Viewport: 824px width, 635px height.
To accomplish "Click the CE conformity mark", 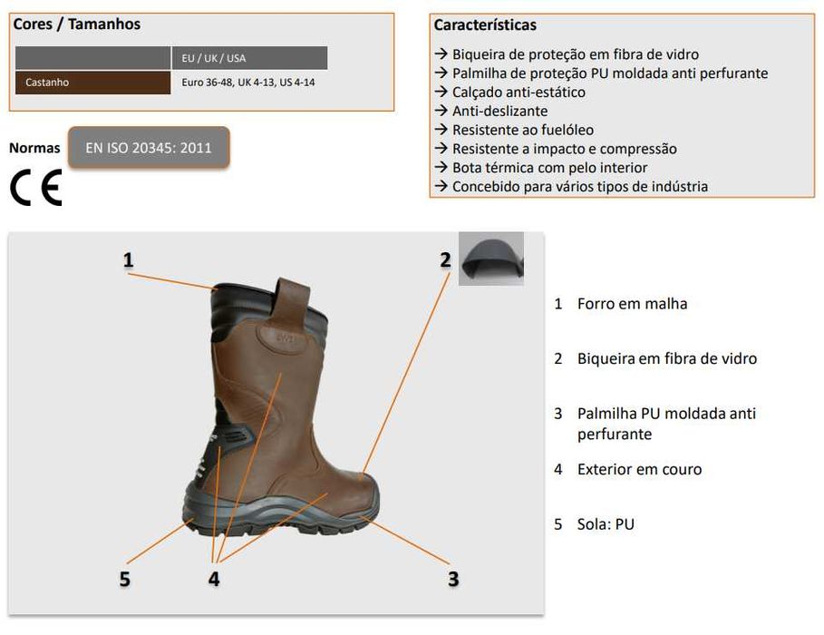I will [36, 188].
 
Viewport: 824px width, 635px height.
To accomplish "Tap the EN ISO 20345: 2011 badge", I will [149, 148].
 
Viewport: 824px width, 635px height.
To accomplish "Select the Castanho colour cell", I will [92, 83].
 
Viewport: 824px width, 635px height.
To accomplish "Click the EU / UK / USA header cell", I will [248, 58].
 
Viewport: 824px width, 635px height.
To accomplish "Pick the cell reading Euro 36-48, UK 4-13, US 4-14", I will [248, 83].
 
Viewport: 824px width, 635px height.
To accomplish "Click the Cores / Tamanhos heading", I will [77, 24].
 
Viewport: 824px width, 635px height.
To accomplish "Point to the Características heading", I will [485, 24].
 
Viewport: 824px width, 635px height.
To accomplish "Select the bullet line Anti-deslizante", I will [499, 111].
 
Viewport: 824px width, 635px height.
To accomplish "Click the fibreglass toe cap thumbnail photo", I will [490, 259].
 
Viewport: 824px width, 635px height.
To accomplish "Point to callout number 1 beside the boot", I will [129, 259].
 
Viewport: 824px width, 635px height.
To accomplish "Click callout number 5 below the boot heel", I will [125, 578].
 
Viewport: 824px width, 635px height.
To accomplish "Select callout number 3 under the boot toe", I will [452, 578].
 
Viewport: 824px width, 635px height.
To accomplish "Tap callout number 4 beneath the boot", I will [214, 578].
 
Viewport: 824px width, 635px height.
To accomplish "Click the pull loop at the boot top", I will [292, 305].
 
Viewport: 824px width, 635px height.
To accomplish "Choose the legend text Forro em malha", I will [632, 304].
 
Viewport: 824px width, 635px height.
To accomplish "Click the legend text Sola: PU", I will [606, 524].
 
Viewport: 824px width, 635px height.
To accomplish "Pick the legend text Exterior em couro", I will [639, 469].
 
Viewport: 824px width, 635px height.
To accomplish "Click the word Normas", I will [34, 148].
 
